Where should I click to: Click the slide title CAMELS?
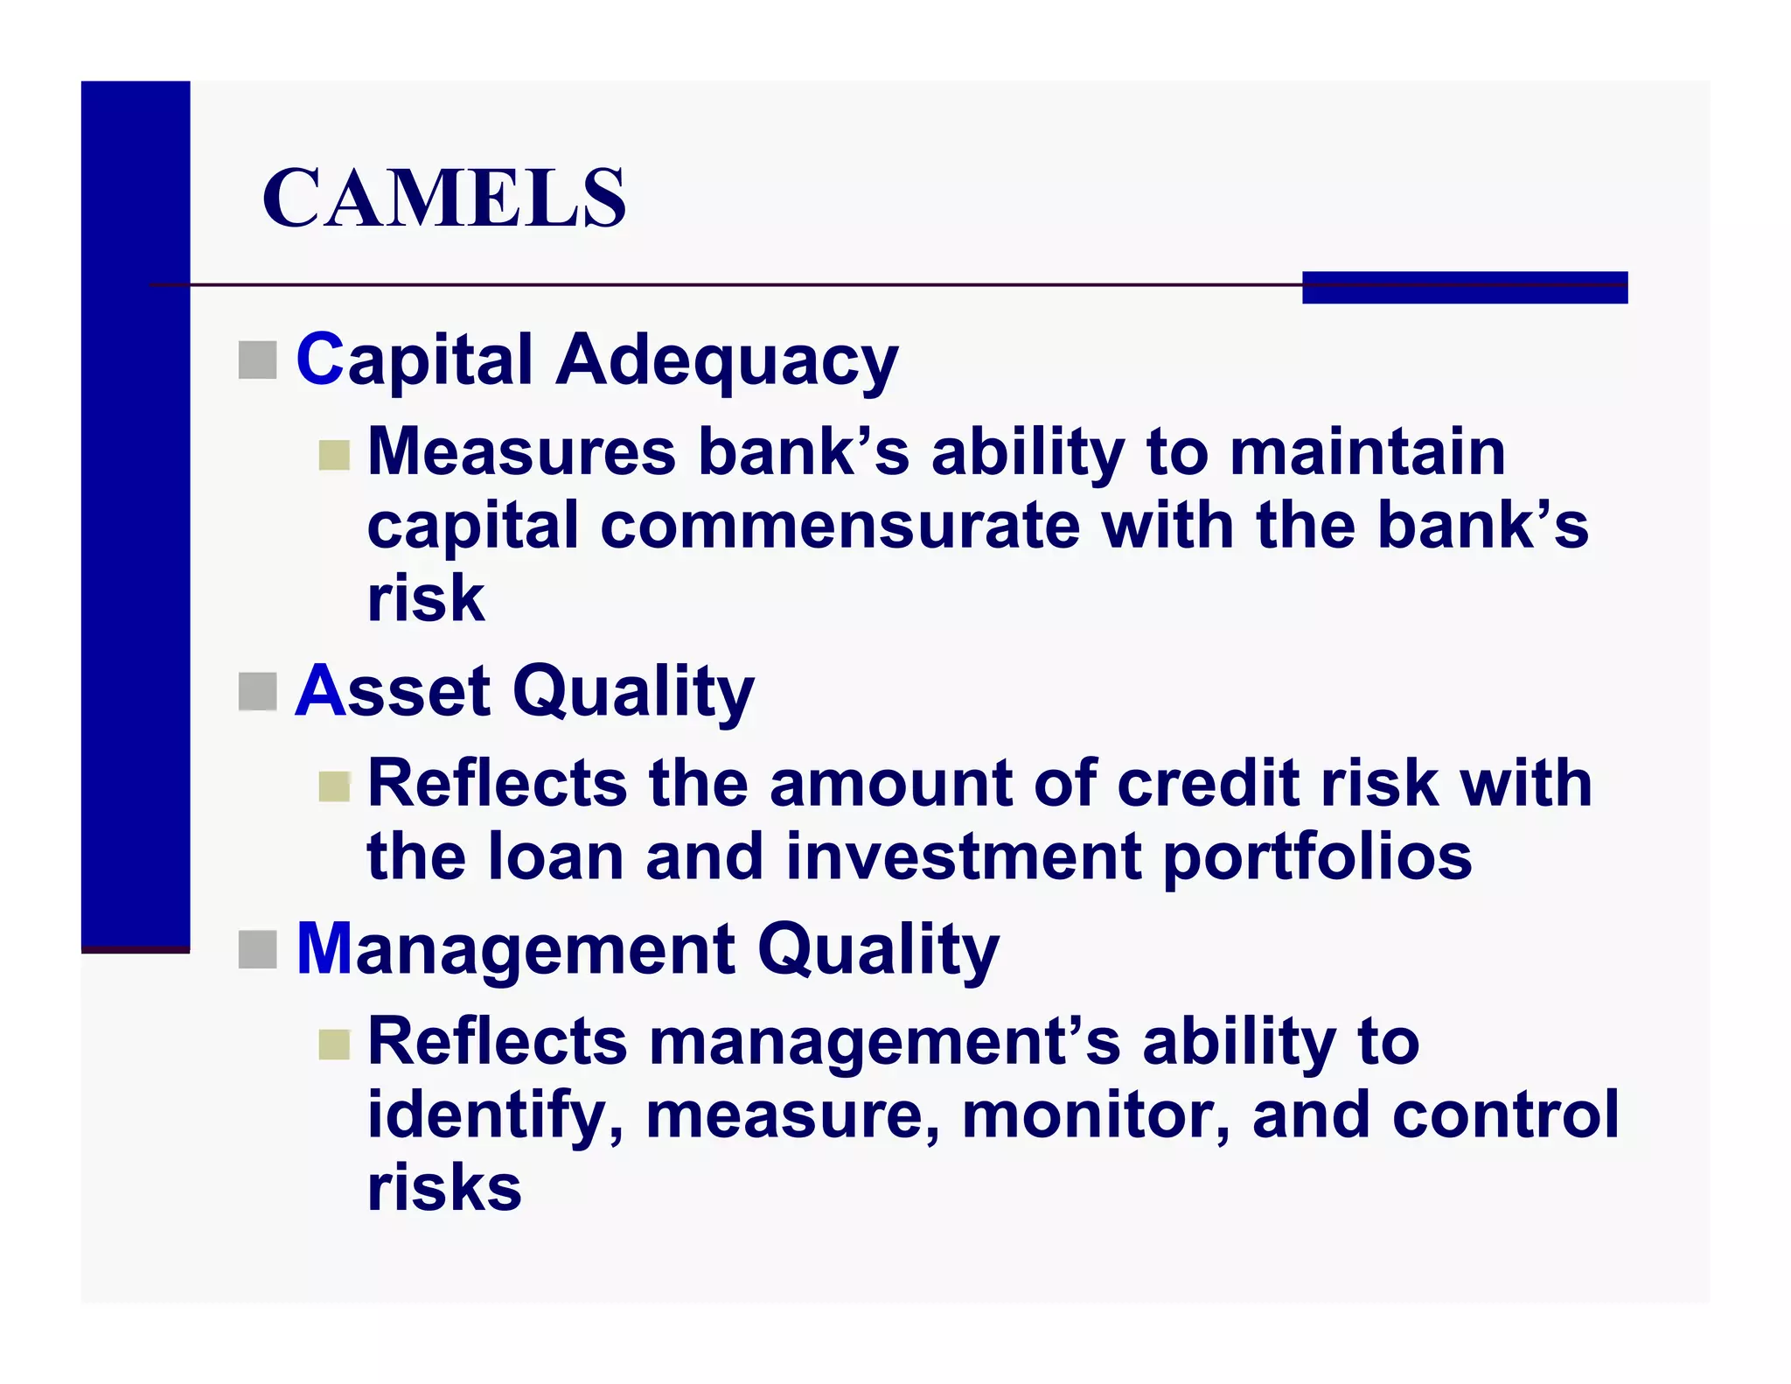(x=443, y=199)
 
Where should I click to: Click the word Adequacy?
(x=726, y=360)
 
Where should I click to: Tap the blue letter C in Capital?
(x=320, y=359)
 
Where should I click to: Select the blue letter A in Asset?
(x=321, y=691)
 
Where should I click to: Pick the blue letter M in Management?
(x=324, y=948)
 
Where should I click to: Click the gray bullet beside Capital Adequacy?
(x=257, y=360)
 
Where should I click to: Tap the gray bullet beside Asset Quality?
(x=257, y=692)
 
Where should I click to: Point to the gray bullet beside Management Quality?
(x=257, y=950)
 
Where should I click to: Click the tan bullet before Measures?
(x=334, y=455)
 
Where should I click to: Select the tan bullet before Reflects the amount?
(x=334, y=786)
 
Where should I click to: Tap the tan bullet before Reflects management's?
(x=334, y=1044)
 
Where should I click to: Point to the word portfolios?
(x=1317, y=858)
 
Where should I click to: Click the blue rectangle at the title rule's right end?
(x=1464, y=288)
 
